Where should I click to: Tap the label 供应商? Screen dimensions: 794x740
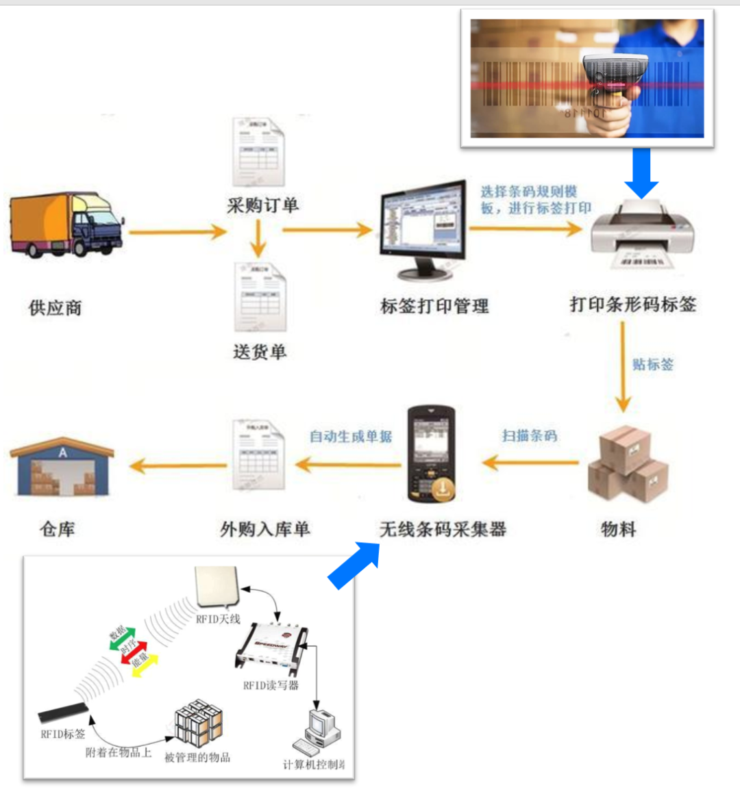tap(56, 308)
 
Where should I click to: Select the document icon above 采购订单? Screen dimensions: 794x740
tap(259, 153)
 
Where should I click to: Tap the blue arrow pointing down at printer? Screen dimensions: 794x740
tap(641, 172)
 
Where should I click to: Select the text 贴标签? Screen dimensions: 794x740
tap(653, 364)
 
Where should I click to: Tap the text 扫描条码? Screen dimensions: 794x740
tap(530, 435)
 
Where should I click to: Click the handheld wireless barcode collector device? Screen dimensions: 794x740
tap(431, 454)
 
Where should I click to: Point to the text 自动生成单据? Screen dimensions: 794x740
tap(351, 436)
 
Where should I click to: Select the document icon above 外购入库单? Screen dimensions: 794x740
tap(259, 454)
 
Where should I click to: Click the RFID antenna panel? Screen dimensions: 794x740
tap(217, 587)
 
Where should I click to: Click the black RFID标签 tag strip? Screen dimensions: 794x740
tap(64, 713)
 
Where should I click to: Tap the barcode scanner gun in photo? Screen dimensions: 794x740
tap(612, 86)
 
